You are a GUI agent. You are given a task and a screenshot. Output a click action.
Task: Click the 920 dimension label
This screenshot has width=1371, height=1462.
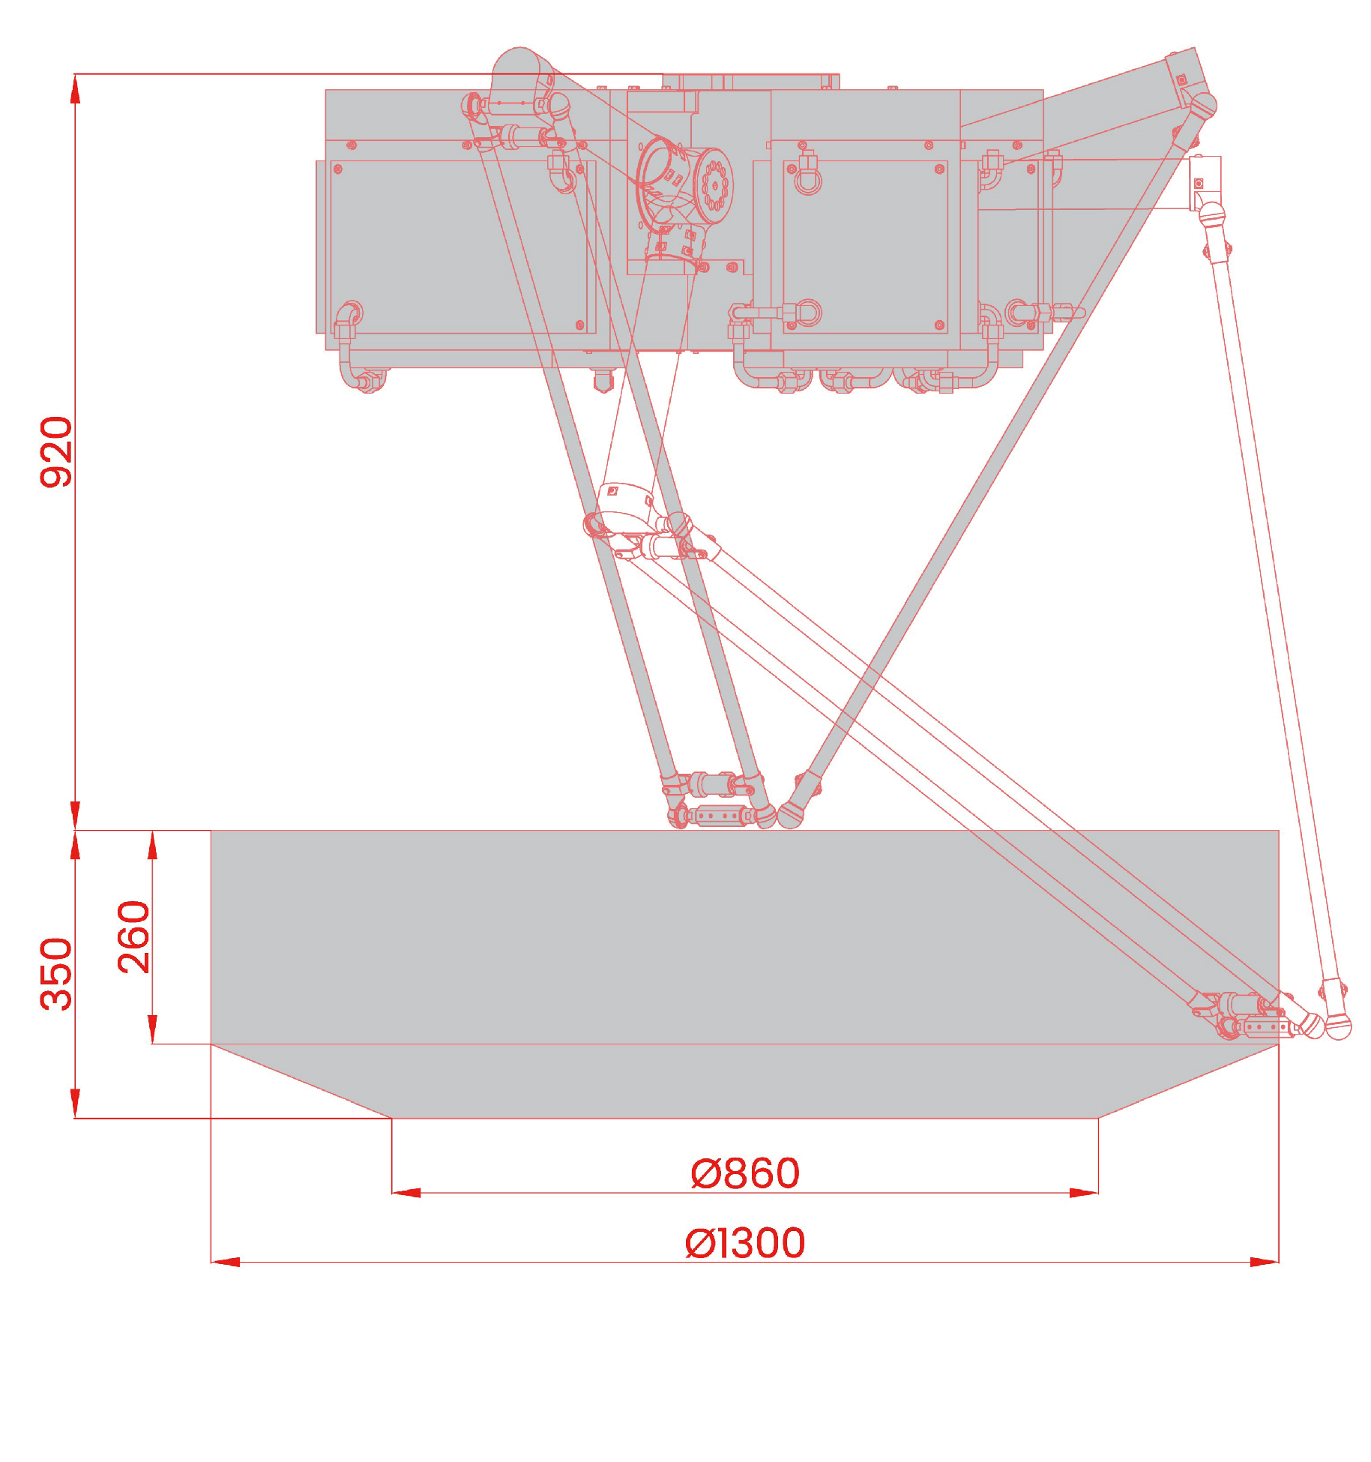(56, 451)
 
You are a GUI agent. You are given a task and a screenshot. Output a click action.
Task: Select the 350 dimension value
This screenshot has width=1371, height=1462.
(56, 973)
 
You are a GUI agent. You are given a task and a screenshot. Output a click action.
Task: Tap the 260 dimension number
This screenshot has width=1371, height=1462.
(134, 936)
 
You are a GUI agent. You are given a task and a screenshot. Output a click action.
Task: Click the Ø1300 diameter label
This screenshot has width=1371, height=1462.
(745, 1243)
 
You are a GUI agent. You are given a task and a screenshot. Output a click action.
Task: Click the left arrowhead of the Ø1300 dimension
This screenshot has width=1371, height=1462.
(225, 1262)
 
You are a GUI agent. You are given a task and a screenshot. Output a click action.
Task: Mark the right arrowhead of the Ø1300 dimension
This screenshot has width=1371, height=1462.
(1265, 1262)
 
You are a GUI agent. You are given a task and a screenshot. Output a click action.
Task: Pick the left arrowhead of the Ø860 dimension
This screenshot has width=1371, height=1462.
(406, 1192)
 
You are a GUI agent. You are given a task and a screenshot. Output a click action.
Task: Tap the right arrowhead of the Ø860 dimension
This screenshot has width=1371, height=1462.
(1084, 1192)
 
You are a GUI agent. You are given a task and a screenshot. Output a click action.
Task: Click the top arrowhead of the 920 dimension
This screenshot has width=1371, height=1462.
(75, 88)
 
